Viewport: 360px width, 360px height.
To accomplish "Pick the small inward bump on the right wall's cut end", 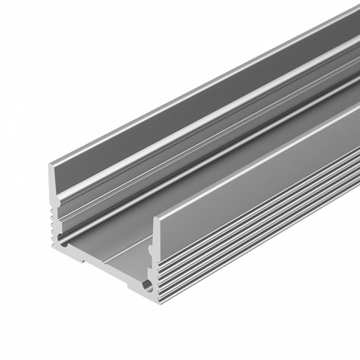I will tap(152, 244).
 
